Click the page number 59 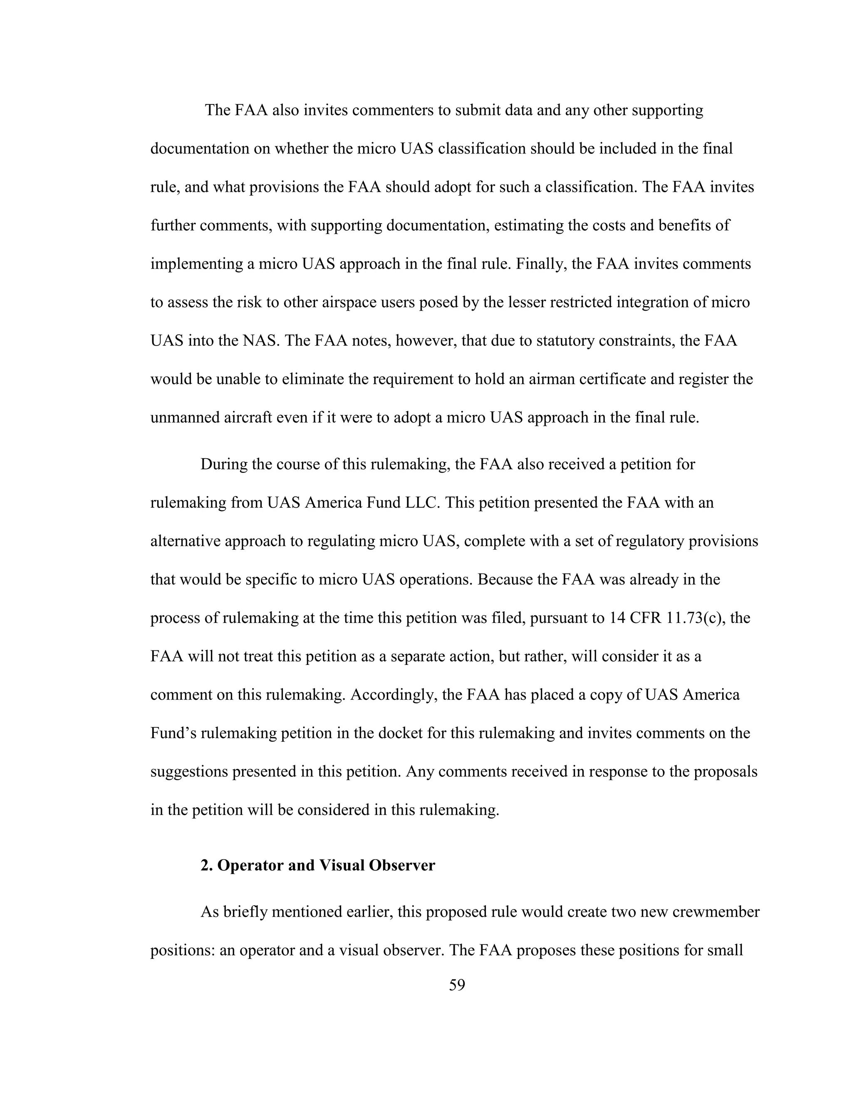point(457,999)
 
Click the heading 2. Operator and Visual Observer point(317,880)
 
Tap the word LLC point(421,503)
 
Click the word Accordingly point(393,695)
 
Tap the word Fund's point(173,733)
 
